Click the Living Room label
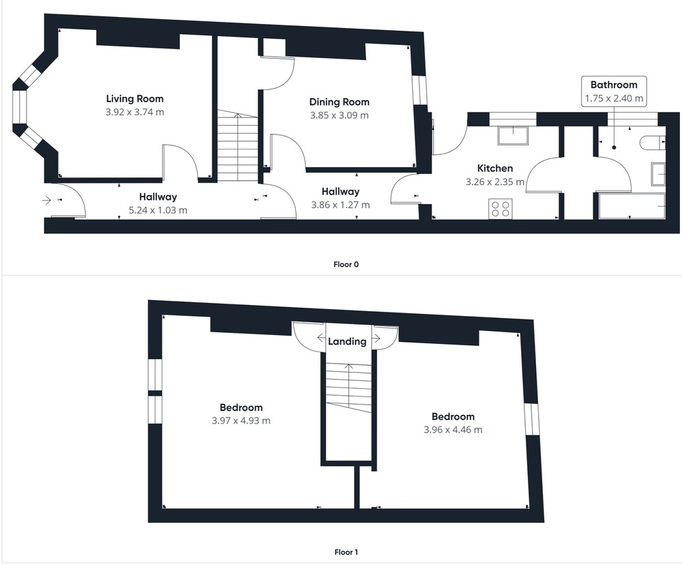[135, 99]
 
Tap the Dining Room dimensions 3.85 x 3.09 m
[339, 115]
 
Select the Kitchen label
[495, 168]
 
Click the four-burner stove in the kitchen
[500, 208]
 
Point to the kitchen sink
[514, 135]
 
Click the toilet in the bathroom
[653, 143]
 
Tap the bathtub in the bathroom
[632, 206]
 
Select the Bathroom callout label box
[614, 91]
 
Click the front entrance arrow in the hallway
[46, 200]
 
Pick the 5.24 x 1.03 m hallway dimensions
[158, 210]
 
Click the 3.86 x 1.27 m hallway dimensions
[340, 205]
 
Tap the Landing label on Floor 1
[347, 341]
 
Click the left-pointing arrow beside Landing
[321, 338]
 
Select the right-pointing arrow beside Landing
[376, 338]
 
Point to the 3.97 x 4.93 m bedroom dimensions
[241, 421]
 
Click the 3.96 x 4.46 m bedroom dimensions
[453, 430]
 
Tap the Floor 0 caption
[346, 264]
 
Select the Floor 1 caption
[346, 553]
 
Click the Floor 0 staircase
[238, 147]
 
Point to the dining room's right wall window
[419, 90]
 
